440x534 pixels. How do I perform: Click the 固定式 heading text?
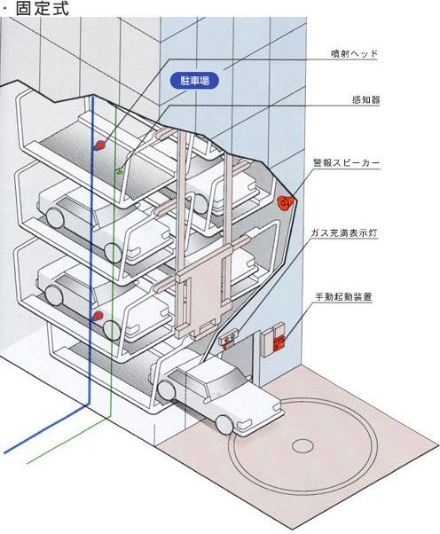[43, 9]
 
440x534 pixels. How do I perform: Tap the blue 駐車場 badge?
[194, 81]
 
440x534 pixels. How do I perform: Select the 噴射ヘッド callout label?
[354, 54]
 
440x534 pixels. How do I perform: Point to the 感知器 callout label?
[365, 99]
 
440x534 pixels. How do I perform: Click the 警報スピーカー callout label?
[346, 163]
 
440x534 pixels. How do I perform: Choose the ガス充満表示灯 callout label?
[344, 233]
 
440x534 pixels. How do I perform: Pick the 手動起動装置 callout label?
[343, 296]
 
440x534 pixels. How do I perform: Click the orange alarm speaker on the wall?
[284, 203]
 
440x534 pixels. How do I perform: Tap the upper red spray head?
[99, 145]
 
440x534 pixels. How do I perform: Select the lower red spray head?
[97, 316]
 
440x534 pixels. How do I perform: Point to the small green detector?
[119, 172]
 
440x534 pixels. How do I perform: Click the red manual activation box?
[279, 342]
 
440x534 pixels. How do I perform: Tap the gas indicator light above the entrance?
[228, 338]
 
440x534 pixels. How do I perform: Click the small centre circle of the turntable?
[302, 445]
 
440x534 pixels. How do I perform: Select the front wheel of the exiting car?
[224, 425]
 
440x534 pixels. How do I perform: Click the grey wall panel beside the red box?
[267, 343]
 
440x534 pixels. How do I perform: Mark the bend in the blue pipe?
[90, 404]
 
